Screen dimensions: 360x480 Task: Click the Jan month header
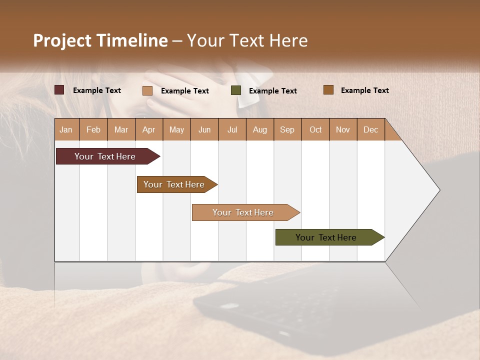coord(66,130)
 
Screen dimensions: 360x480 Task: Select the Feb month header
coord(93,130)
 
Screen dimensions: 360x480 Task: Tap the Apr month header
coord(149,130)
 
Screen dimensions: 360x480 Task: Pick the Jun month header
coord(204,130)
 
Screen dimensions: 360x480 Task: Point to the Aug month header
coord(260,130)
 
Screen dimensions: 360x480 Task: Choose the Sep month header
coord(287,130)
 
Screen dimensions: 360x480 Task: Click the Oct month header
coord(315,130)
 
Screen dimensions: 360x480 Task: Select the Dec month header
coord(371,130)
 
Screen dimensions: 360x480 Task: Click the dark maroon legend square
coord(59,90)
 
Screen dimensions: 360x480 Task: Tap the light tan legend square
coord(147,90)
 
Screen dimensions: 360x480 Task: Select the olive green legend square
coord(236,90)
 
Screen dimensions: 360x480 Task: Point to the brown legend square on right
coord(328,90)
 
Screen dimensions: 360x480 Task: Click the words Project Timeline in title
coord(100,40)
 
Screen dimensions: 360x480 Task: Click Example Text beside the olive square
coord(273,91)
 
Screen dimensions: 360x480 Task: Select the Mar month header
coord(121,130)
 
